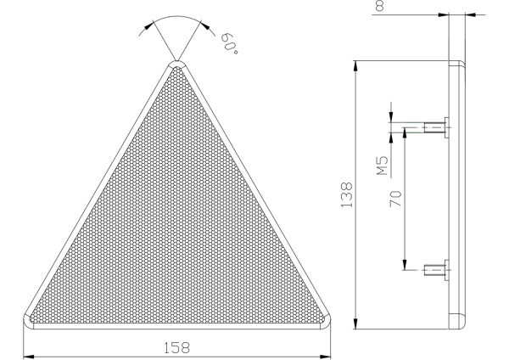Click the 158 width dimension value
tap(176, 347)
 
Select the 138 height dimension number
tap(347, 194)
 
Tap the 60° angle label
tap(230, 43)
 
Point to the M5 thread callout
tap(383, 166)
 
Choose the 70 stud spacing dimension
tap(395, 199)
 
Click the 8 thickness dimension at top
tap(379, 6)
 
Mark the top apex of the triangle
tap(177, 62)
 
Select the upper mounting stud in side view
tap(437, 127)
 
